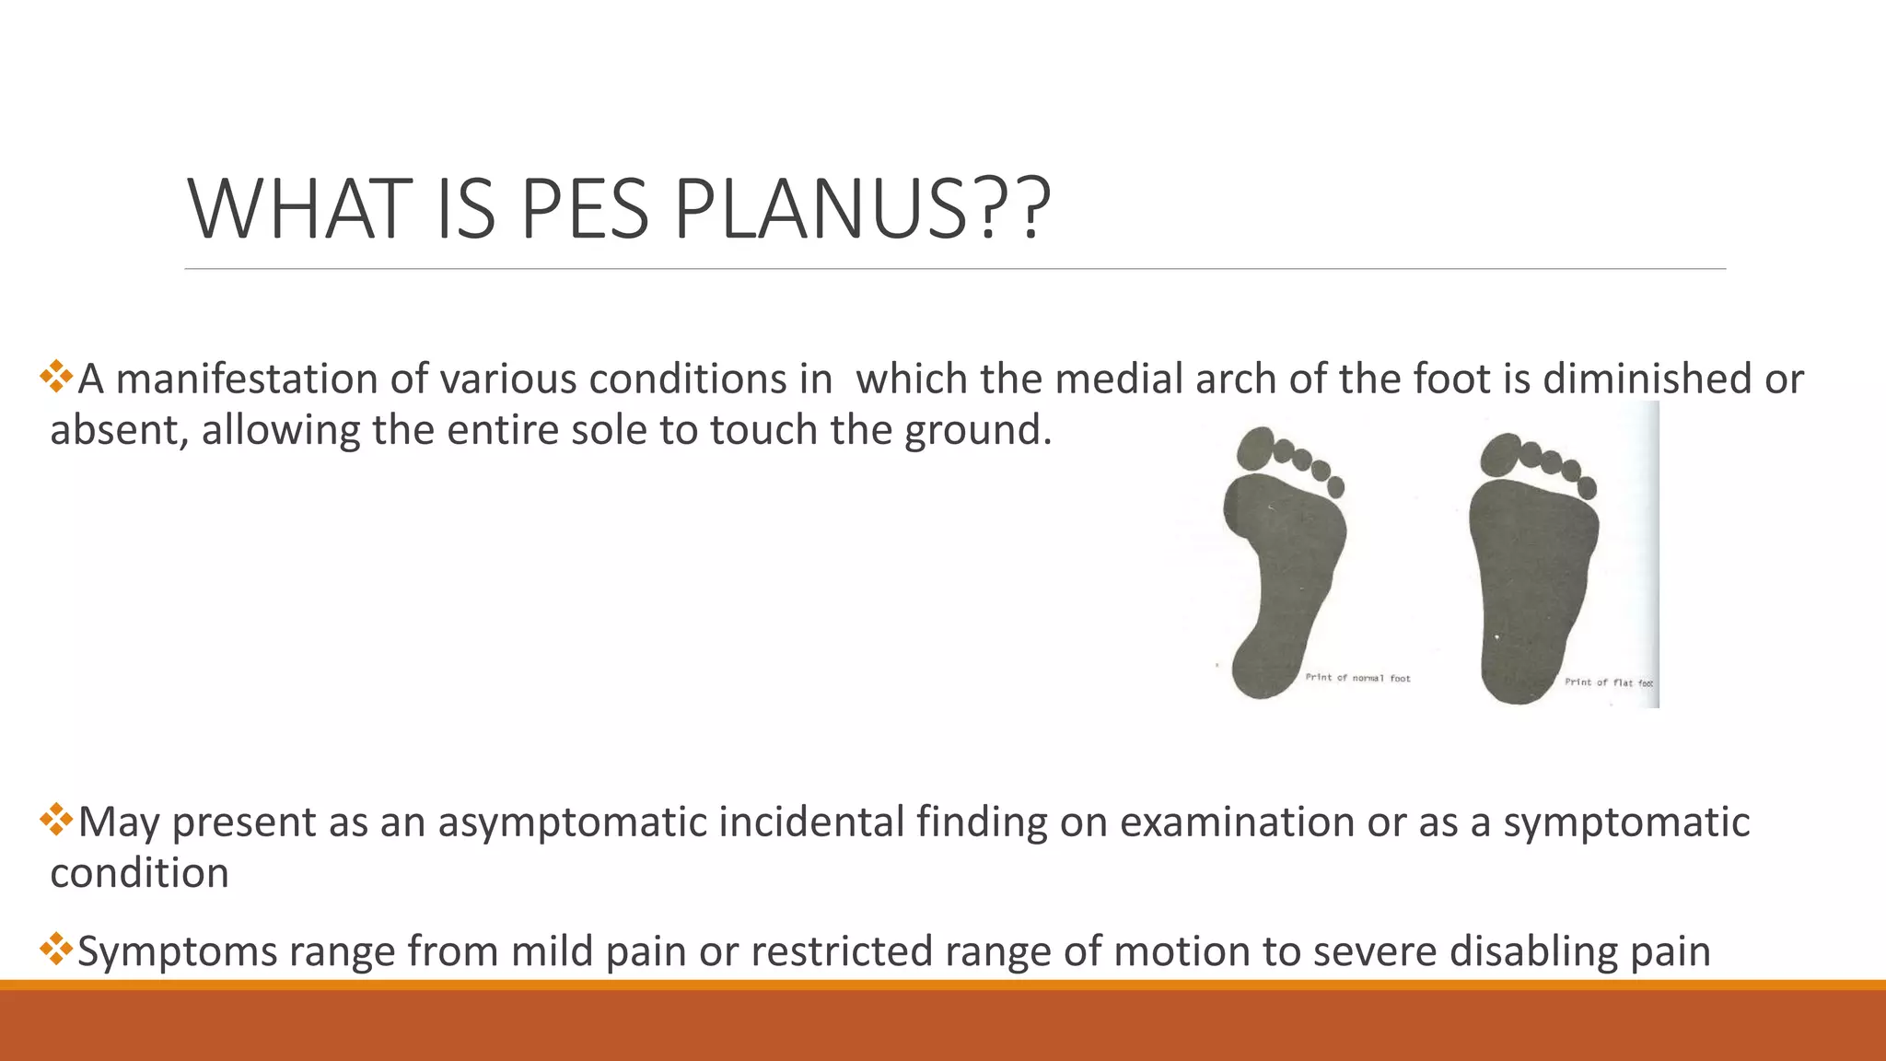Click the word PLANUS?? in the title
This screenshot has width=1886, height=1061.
pyautogui.click(x=862, y=210)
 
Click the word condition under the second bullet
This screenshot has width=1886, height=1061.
pyautogui.click(x=139, y=873)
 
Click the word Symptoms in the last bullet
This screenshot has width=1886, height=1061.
pyautogui.click(x=177, y=950)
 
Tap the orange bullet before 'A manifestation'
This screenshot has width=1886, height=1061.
pyautogui.click(x=56, y=376)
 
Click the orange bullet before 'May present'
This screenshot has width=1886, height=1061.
pyautogui.click(x=56, y=819)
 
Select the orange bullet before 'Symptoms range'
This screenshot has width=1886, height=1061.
pyautogui.click(x=56, y=948)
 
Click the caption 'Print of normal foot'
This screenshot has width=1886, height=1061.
pyautogui.click(x=1357, y=678)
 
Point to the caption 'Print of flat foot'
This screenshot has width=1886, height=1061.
pyautogui.click(x=1608, y=682)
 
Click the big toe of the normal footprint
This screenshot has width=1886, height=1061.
pyautogui.click(x=1253, y=449)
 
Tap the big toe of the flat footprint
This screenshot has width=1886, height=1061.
pyautogui.click(x=1500, y=454)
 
